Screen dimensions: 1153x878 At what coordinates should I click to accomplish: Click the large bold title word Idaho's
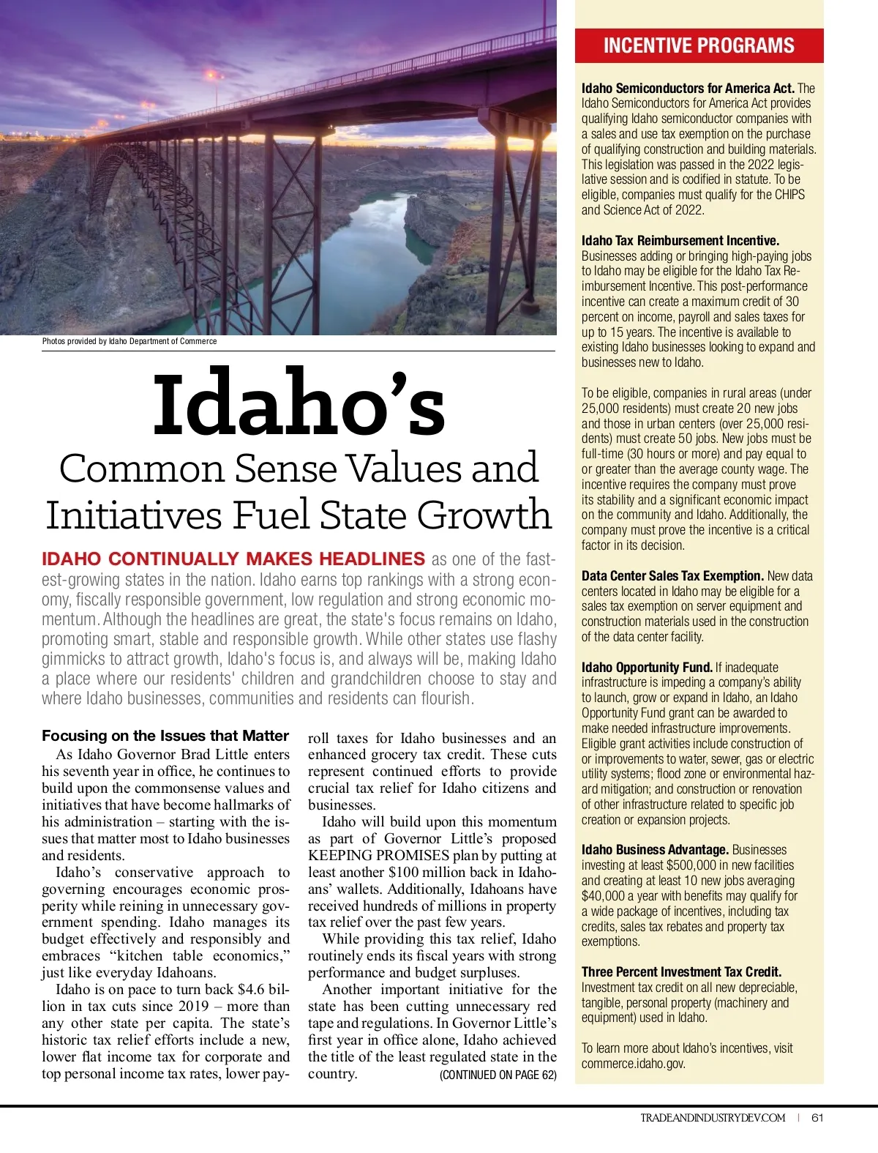point(299,404)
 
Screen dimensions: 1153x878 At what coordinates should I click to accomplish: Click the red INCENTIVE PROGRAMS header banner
point(699,45)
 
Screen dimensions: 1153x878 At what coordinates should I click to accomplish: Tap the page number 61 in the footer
point(818,1117)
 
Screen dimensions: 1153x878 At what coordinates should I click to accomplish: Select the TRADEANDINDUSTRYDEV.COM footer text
point(713,1117)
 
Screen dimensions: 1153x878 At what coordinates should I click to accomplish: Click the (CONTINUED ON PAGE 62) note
point(498,1075)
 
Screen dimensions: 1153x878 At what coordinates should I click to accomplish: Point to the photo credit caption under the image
point(130,341)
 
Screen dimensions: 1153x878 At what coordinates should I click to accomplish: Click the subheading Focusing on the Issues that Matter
point(165,736)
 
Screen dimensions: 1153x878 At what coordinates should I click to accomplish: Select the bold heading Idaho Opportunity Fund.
point(647,667)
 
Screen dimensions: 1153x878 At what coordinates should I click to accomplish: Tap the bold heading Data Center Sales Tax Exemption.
point(672,575)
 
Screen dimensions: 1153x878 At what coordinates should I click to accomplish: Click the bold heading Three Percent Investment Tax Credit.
point(681,971)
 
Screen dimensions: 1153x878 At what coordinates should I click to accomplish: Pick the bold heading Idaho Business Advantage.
point(655,849)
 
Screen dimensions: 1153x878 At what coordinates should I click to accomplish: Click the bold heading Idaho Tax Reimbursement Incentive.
point(680,240)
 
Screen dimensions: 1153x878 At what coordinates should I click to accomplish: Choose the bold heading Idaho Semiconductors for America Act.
point(688,88)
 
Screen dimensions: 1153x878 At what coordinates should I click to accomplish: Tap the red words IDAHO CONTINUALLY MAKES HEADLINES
point(233,559)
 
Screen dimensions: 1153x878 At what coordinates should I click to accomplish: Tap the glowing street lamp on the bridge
point(213,75)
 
